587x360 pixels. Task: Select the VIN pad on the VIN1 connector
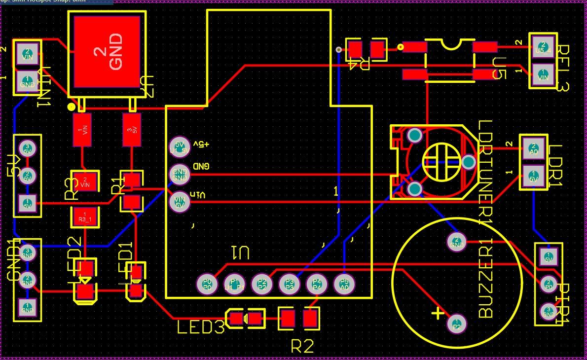coord(28,54)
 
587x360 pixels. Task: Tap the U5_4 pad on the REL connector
coord(543,47)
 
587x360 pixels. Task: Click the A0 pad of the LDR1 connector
coord(533,149)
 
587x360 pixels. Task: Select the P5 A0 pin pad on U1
coord(344,284)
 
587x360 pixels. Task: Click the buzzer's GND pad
coord(456,242)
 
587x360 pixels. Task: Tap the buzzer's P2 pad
coord(456,324)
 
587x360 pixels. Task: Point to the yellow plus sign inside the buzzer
coord(437,313)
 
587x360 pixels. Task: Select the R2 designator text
coord(302,346)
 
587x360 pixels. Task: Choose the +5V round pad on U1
coord(179,146)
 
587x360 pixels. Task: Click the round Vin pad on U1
coord(179,201)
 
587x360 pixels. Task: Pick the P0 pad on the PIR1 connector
coord(549,284)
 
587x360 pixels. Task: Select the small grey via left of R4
coord(338,49)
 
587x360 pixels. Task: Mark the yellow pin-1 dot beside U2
coord(72,107)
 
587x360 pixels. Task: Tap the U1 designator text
coord(241,253)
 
